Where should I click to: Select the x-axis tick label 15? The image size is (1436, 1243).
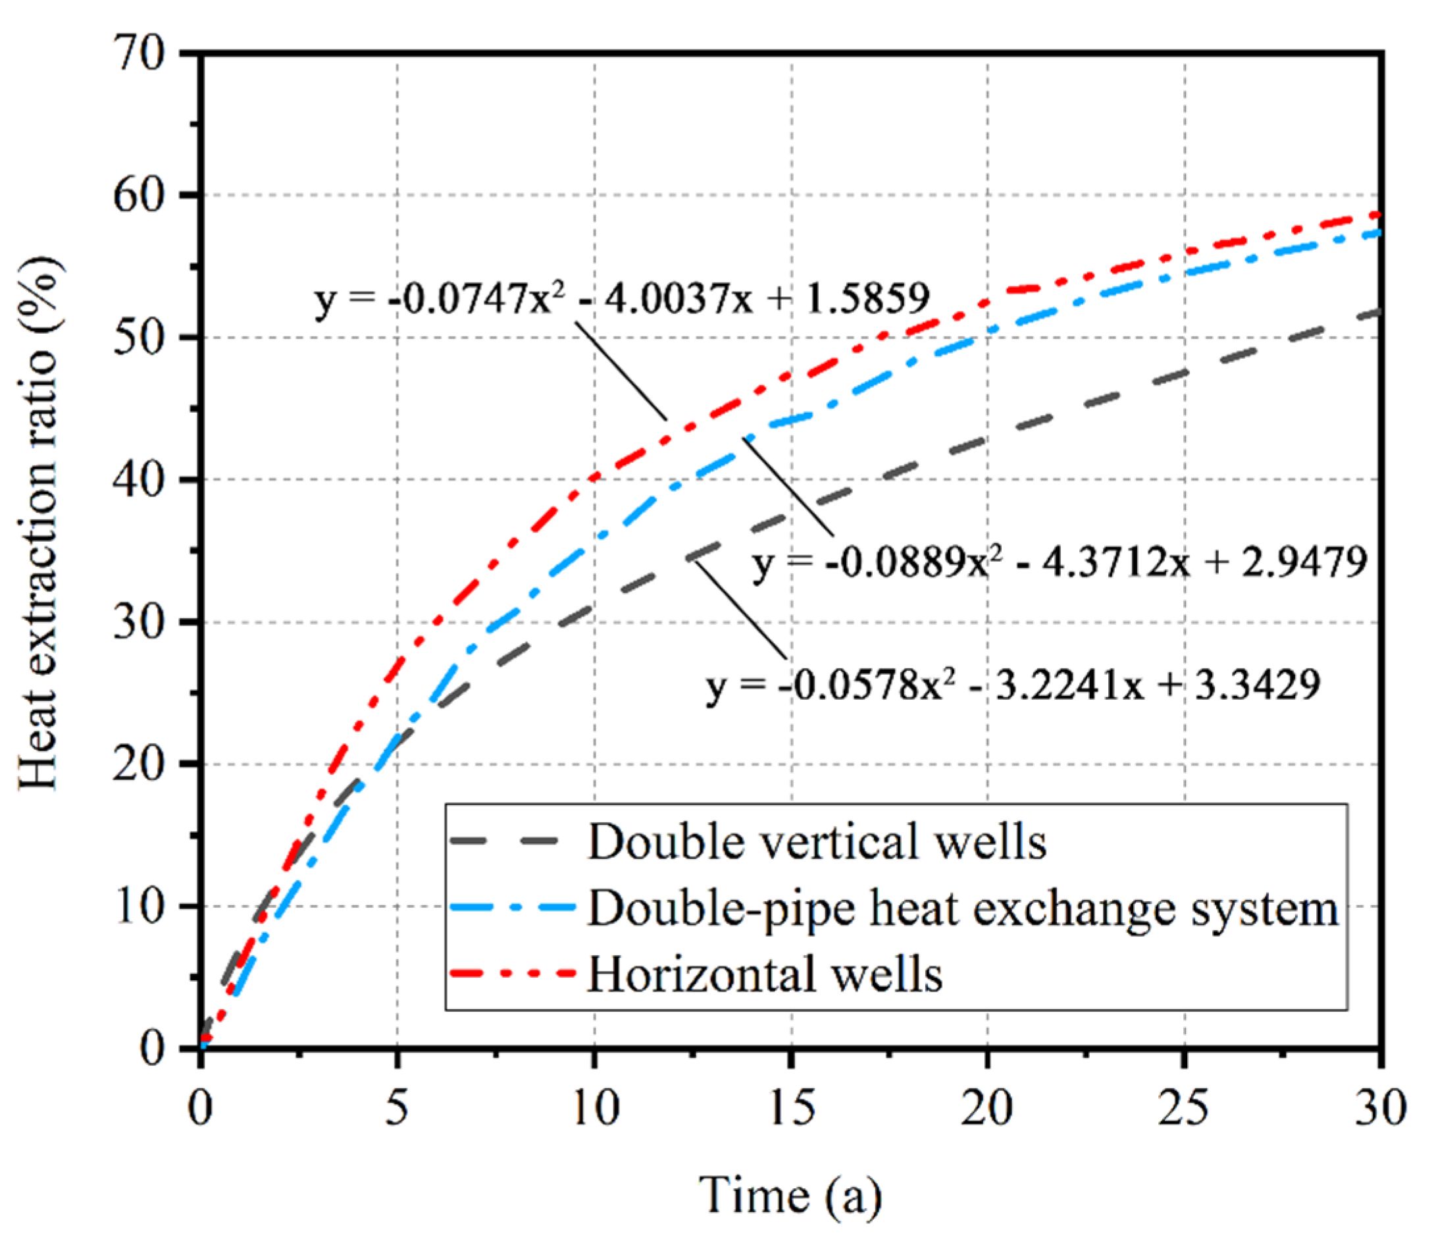click(x=792, y=1107)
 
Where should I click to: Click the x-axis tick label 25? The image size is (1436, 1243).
click(x=1185, y=1107)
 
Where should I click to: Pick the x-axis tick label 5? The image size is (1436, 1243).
click(x=397, y=1107)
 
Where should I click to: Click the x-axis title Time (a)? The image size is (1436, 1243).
click(x=790, y=1194)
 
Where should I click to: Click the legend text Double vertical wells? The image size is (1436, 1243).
click(x=817, y=842)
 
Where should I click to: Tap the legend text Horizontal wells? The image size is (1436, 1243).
click(x=765, y=974)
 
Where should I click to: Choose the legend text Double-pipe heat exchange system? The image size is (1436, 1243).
click(x=962, y=908)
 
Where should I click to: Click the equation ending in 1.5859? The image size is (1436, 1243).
click(x=621, y=299)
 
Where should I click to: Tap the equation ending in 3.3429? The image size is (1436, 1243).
click(x=1013, y=685)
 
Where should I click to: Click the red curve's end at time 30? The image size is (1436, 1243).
click(x=1379, y=215)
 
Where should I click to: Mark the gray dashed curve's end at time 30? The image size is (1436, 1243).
click(x=1379, y=313)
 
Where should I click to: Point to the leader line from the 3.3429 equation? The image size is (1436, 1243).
click(x=740, y=610)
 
